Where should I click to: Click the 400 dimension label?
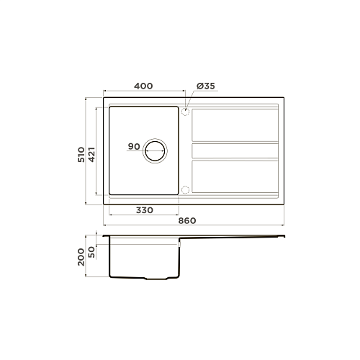click(x=143, y=86)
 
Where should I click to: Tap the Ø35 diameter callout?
click(x=206, y=86)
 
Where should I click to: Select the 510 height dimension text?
click(x=81, y=154)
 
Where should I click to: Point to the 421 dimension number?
click(x=92, y=154)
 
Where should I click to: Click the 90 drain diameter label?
click(x=134, y=146)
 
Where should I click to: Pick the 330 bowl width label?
click(x=145, y=210)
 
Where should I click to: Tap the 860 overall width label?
click(x=187, y=220)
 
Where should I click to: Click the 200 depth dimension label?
click(x=81, y=257)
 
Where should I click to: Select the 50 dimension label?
click(x=92, y=252)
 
